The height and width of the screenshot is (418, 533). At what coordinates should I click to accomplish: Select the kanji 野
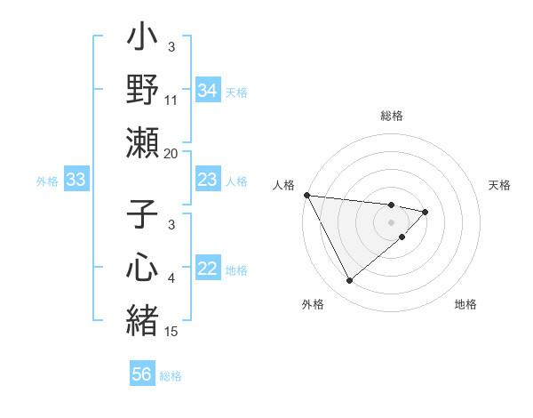[142, 91]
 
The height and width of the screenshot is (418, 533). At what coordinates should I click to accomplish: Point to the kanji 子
[142, 218]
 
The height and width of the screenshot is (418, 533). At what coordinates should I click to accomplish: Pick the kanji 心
[142, 269]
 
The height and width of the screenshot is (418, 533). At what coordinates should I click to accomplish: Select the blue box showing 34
[207, 91]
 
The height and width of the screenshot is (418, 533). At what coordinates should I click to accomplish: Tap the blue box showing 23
[207, 181]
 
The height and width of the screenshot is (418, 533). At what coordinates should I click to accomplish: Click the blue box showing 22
[207, 269]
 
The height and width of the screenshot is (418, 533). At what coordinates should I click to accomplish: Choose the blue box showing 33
[76, 181]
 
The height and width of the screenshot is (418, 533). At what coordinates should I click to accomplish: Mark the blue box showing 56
[141, 374]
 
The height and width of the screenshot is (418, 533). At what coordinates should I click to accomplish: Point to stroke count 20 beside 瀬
[171, 153]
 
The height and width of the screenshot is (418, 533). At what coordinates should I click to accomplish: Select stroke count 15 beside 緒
[172, 332]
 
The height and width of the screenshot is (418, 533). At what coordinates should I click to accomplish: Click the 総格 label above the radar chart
[392, 116]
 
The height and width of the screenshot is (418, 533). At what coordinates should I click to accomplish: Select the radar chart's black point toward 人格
[306, 195]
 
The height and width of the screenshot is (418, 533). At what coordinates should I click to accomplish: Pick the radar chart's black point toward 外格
[349, 280]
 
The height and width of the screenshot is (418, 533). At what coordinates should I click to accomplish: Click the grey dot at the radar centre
[392, 221]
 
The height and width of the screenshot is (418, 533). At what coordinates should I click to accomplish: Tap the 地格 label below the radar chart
[465, 304]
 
